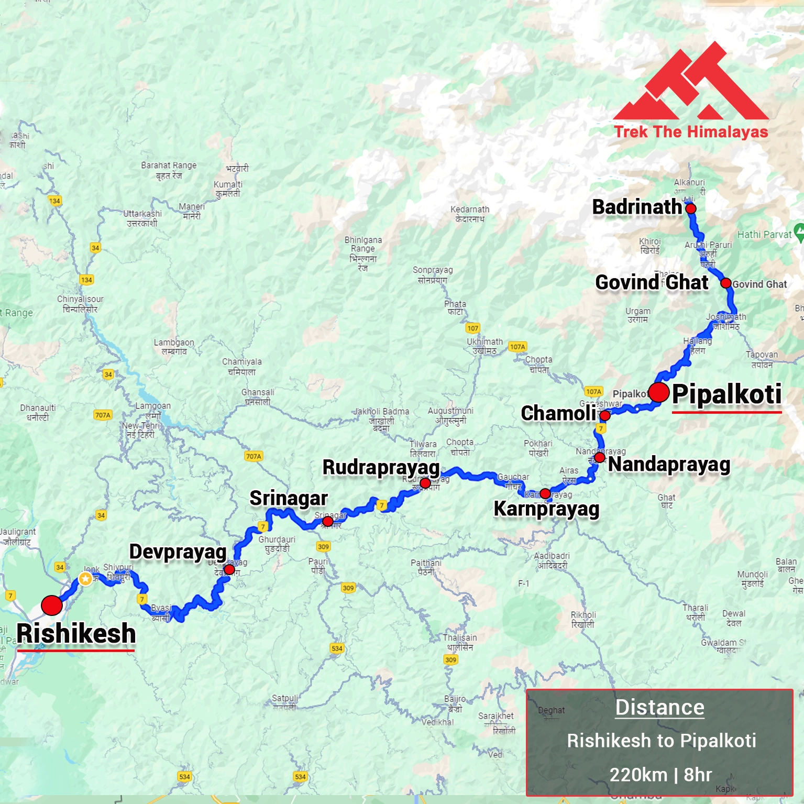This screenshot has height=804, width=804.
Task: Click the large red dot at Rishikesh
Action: [52, 605]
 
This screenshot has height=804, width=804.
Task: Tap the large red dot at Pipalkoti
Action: [659, 392]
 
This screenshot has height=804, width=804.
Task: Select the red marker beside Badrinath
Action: [691, 208]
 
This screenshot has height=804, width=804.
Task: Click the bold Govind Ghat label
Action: [652, 282]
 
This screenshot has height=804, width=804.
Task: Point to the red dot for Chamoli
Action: [604, 416]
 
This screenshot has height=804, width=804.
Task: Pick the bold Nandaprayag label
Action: [669, 465]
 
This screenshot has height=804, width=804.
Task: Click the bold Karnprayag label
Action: [546, 509]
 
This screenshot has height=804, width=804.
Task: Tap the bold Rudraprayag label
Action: [381, 467]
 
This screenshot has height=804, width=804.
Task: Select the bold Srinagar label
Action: [289, 498]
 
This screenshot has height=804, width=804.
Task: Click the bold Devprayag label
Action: [178, 552]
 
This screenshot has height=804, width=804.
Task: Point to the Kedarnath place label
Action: [470, 214]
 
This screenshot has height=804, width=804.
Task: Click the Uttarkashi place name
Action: [142, 218]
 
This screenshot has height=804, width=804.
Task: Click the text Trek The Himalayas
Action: [691, 131]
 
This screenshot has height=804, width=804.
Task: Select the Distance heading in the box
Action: [659, 707]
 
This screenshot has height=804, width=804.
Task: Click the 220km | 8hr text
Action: [660, 774]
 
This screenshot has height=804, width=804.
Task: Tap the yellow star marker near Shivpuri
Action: [85, 578]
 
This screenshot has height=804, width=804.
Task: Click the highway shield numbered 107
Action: [472, 328]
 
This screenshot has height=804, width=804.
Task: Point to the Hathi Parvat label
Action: [764, 235]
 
